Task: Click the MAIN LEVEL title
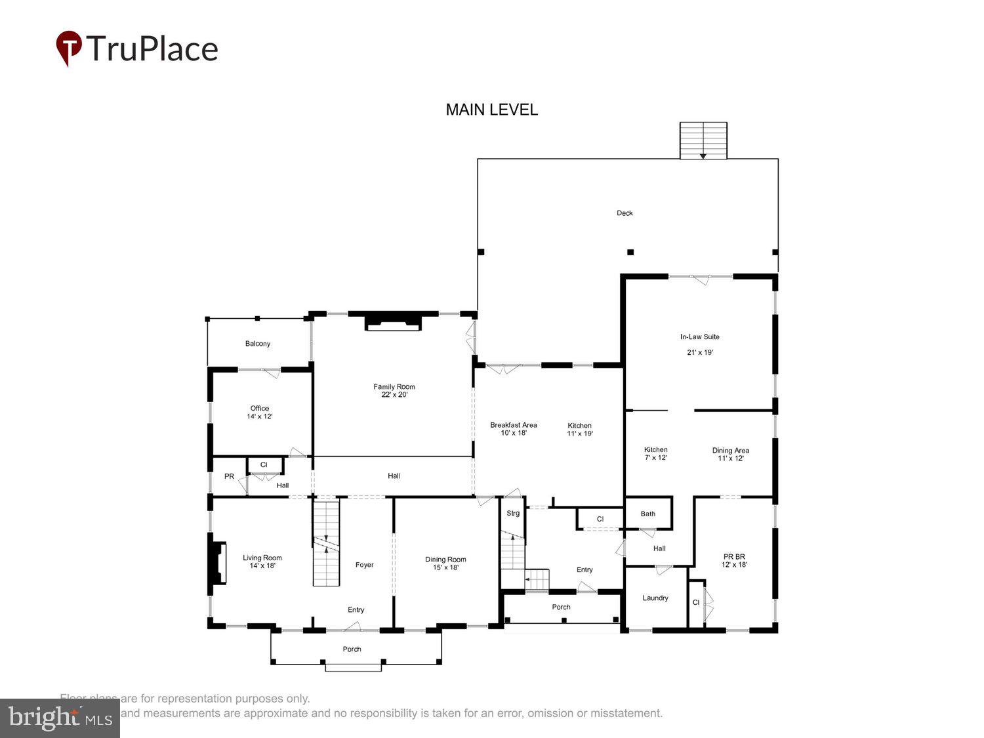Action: pos(491,110)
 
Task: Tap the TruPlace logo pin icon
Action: pos(69,48)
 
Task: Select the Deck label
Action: pos(625,213)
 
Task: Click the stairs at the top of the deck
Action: pos(703,140)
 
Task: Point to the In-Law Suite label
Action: pos(699,337)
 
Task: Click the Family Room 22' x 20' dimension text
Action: pos(394,395)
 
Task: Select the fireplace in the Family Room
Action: pos(394,321)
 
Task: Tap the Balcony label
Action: pos(258,344)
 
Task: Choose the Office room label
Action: pos(260,408)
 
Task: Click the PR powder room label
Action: pos(229,476)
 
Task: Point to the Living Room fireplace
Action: pos(218,562)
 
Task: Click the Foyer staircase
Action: pos(326,543)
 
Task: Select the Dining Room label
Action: pos(445,560)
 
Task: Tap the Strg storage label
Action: pos(513,513)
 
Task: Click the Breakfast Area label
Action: pos(514,425)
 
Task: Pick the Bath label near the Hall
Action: pos(648,514)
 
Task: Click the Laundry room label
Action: pos(655,598)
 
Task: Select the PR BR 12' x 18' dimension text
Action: pos(734,565)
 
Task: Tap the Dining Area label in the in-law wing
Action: pos(731,451)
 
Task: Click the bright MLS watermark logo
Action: pos(60,718)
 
